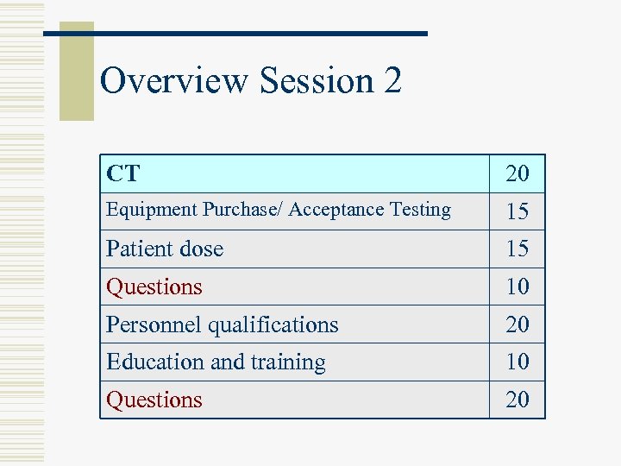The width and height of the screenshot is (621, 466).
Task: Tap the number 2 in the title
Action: [393, 81]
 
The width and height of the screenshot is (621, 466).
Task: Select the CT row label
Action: [122, 173]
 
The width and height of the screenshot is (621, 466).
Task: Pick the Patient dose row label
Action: [165, 249]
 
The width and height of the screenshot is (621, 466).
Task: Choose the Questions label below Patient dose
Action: [154, 287]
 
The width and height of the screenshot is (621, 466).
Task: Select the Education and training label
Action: [216, 362]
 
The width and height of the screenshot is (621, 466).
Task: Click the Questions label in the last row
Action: [154, 400]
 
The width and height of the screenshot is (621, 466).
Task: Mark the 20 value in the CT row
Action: [517, 174]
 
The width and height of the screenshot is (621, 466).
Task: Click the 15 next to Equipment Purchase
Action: [517, 211]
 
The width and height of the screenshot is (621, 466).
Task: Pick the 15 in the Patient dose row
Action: [517, 249]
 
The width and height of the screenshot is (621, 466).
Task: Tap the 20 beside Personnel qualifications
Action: [517, 324]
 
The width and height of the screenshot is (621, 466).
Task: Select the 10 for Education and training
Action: [517, 362]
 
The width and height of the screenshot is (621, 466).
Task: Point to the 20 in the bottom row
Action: [517, 400]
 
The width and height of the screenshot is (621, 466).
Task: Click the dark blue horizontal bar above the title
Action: [259, 34]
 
